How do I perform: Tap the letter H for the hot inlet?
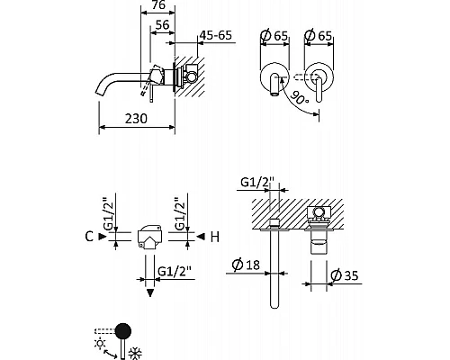[213, 238]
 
